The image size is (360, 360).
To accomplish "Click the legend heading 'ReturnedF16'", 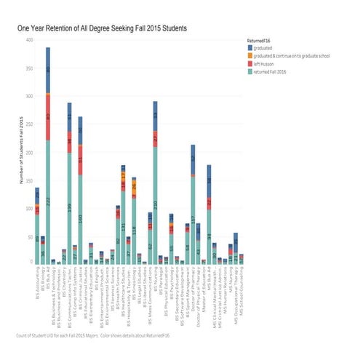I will [x=263, y=39].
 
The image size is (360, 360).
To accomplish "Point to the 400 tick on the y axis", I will [x=28, y=40].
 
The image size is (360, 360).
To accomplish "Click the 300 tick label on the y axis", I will [x=28, y=96].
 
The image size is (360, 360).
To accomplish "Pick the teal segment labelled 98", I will [x=209, y=236].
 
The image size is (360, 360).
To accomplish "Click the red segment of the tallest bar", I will [x=48, y=116].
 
